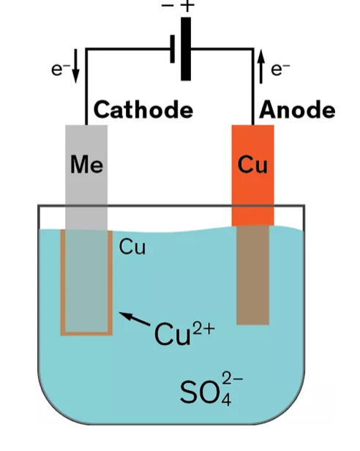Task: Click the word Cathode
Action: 143,110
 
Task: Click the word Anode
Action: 297,110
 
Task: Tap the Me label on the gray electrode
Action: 86,165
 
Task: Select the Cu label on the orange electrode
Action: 252,165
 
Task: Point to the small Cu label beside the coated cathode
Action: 132,247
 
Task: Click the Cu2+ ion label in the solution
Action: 184,334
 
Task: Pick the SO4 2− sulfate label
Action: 211,389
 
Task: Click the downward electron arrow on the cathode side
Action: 75,66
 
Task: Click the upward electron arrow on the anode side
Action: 260,67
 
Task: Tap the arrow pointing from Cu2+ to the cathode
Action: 135,318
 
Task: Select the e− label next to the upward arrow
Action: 280,70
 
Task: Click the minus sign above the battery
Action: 168,6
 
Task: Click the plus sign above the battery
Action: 187,6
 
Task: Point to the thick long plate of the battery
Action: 186,49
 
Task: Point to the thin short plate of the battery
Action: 173,49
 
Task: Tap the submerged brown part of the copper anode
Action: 252,275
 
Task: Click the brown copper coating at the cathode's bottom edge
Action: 86,334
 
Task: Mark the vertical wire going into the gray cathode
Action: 86,87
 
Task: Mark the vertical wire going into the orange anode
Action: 253,87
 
